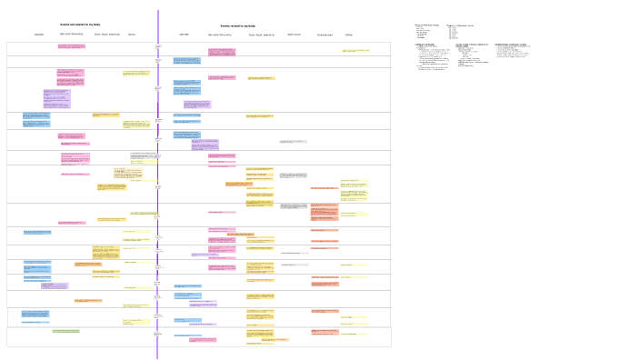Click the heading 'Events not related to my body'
pyautogui.click(x=80, y=25)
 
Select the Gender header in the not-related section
pyautogui.click(x=39, y=35)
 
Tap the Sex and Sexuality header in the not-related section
pyautogui.click(x=72, y=35)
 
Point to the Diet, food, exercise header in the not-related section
pyautogui.click(x=107, y=35)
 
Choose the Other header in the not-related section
pyautogui.click(x=132, y=35)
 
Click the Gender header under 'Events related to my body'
pyautogui.click(x=185, y=35)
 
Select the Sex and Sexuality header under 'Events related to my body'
pyautogui.click(x=220, y=35)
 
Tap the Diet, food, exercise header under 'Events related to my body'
pyautogui.click(x=262, y=35)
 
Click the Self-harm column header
pyautogui.click(x=294, y=35)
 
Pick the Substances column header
pyautogui.click(x=325, y=35)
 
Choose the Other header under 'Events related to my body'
pyautogui.click(x=348, y=35)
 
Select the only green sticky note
pyautogui.click(x=65, y=331)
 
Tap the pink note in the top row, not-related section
pyautogui.click(x=71, y=45)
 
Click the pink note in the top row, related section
pyautogui.click(x=221, y=51)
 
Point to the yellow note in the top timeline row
pyautogui.click(x=355, y=51)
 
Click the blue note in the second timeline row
pyautogui.click(x=187, y=61)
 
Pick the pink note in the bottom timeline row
pyautogui.click(x=203, y=340)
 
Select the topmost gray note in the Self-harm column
pyautogui.click(x=293, y=142)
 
